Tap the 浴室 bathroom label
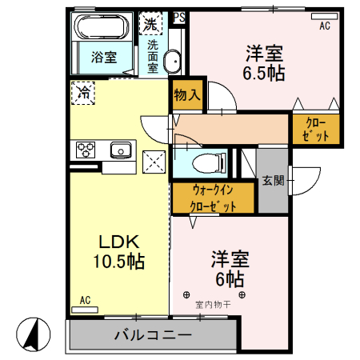pyautogui.click(x=102, y=58)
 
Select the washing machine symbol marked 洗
pyautogui.click(x=150, y=23)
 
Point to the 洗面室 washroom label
pyautogui.click(x=152, y=56)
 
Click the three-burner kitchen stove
pyautogui.click(x=86, y=149)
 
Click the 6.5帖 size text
pyautogui.click(x=264, y=73)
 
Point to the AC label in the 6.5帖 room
pyautogui.click(x=324, y=26)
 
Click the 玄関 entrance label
pyautogui.click(x=273, y=181)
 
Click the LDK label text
pyautogui.click(x=119, y=241)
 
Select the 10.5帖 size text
pyautogui.click(x=119, y=261)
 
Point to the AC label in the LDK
pyautogui.click(x=85, y=301)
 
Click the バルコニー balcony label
pyautogui.click(x=152, y=334)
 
